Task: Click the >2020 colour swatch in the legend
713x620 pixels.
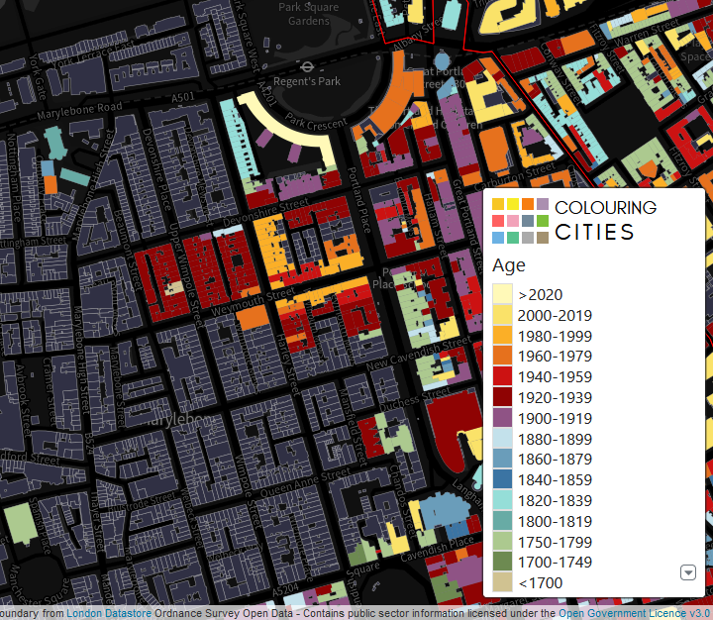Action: coord(503,294)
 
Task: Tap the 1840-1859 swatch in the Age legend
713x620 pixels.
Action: coord(503,480)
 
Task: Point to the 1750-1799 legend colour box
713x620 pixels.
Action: coord(503,542)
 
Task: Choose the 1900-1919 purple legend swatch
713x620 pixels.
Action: coord(503,418)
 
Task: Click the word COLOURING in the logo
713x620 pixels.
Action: coord(605,208)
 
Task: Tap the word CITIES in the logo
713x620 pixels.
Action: coord(594,233)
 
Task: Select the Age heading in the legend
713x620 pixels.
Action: coord(509,265)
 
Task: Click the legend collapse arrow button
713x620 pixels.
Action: coord(688,572)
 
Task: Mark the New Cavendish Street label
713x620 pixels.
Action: coord(433,353)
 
